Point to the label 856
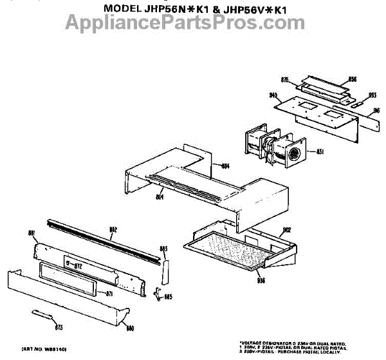click(x=352, y=79)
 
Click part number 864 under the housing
click(x=160, y=197)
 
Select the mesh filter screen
click(x=235, y=248)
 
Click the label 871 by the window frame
click(x=109, y=294)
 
